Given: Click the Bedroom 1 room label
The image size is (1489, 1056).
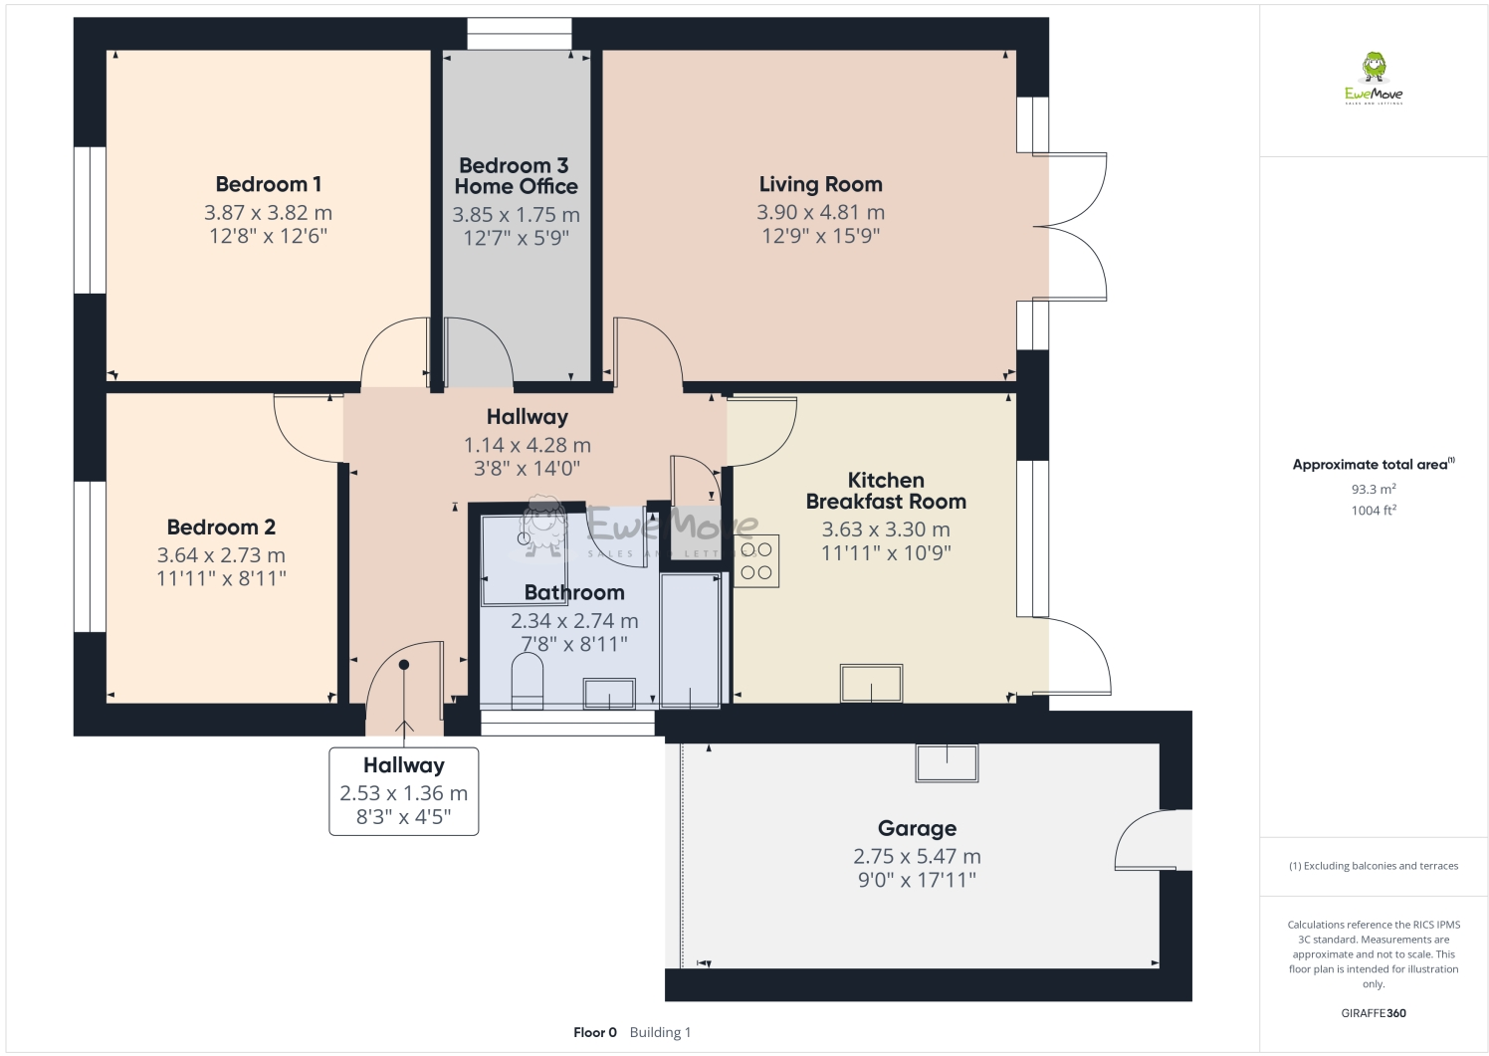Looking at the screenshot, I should point(268,184).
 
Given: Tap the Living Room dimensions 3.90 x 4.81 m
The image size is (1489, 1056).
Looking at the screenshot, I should point(820,212).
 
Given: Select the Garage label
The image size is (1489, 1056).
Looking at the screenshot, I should point(917,828).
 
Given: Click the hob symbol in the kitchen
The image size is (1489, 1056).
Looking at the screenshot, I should point(756,560).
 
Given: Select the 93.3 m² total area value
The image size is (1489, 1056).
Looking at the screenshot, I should point(1374,489).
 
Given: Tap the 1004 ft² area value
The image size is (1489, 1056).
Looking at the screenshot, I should point(1374,511).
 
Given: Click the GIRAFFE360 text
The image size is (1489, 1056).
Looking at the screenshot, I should point(1374,1013).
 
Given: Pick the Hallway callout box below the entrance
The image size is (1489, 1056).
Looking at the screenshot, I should point(403,791).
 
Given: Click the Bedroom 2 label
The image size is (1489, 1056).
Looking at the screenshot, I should point(221,528).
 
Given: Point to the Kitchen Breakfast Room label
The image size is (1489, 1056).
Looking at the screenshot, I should point(886,491).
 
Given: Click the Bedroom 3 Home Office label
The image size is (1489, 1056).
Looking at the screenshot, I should point(516,176).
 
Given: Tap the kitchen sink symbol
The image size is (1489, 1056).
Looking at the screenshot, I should point(872,684).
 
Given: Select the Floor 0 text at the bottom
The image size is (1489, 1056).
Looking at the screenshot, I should point(595,1032).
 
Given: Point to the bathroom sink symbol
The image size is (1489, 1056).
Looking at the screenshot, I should point(609,693).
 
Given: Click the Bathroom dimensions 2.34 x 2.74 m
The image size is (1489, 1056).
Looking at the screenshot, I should point(574,620).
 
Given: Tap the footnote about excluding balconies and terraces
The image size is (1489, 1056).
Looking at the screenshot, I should point(1374,866).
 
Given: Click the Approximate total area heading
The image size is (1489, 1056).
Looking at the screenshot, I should point(1372,464).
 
